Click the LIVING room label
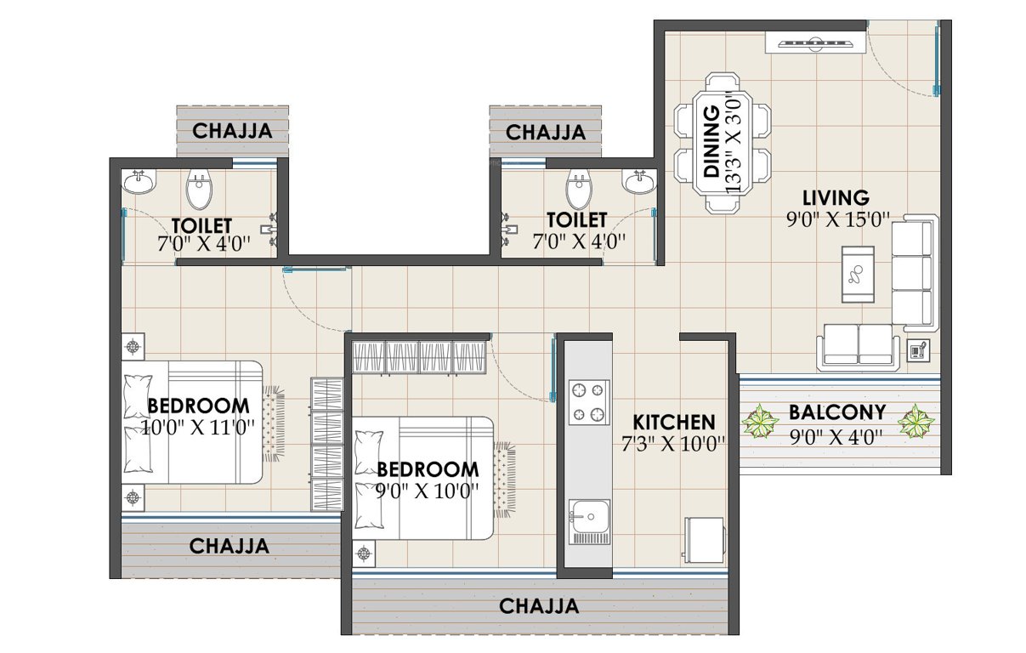[838, 198]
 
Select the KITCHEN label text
[674, 422]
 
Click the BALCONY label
[837, 413]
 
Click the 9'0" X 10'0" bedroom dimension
[428, 491]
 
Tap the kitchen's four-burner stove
[590, 402]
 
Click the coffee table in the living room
[857, 274]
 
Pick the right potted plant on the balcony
[916, 421]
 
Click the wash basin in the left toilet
[139, 182]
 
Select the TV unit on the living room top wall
[814, 42]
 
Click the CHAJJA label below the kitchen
[539, 606]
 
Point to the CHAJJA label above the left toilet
[232, 131]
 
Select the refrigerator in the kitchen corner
[705, 538]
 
